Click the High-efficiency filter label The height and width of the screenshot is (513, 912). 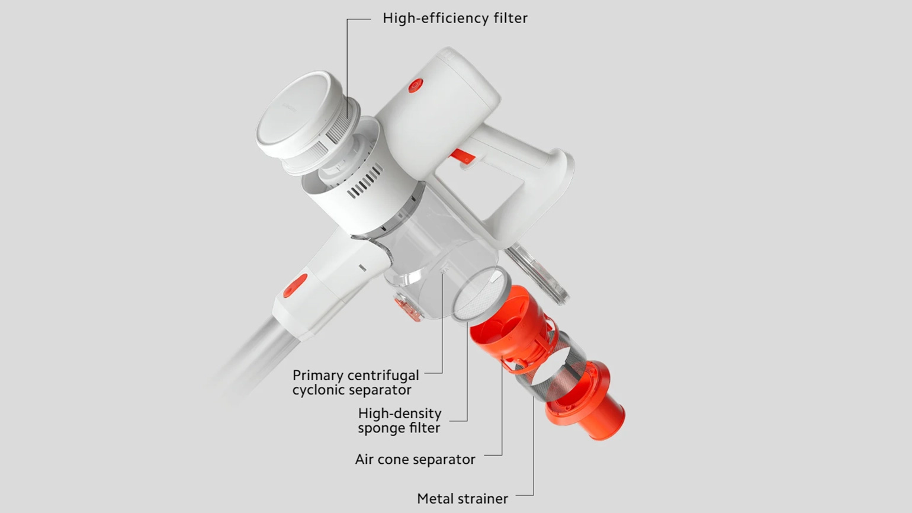tap(455, 18)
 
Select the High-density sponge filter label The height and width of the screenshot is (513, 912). tap(399, 421)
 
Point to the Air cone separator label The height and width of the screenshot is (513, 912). tap(415, 459)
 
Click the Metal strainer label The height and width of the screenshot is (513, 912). tap(463, 498)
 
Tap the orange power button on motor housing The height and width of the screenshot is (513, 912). tap(415, 86)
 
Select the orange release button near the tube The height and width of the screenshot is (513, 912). tap(295, 286)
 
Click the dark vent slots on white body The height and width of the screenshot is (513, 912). tap(365, 181)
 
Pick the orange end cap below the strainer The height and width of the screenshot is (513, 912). tap(586, 401)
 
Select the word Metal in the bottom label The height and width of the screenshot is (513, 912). tap(435, 498)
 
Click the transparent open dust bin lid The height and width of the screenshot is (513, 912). tap(538, 272)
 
